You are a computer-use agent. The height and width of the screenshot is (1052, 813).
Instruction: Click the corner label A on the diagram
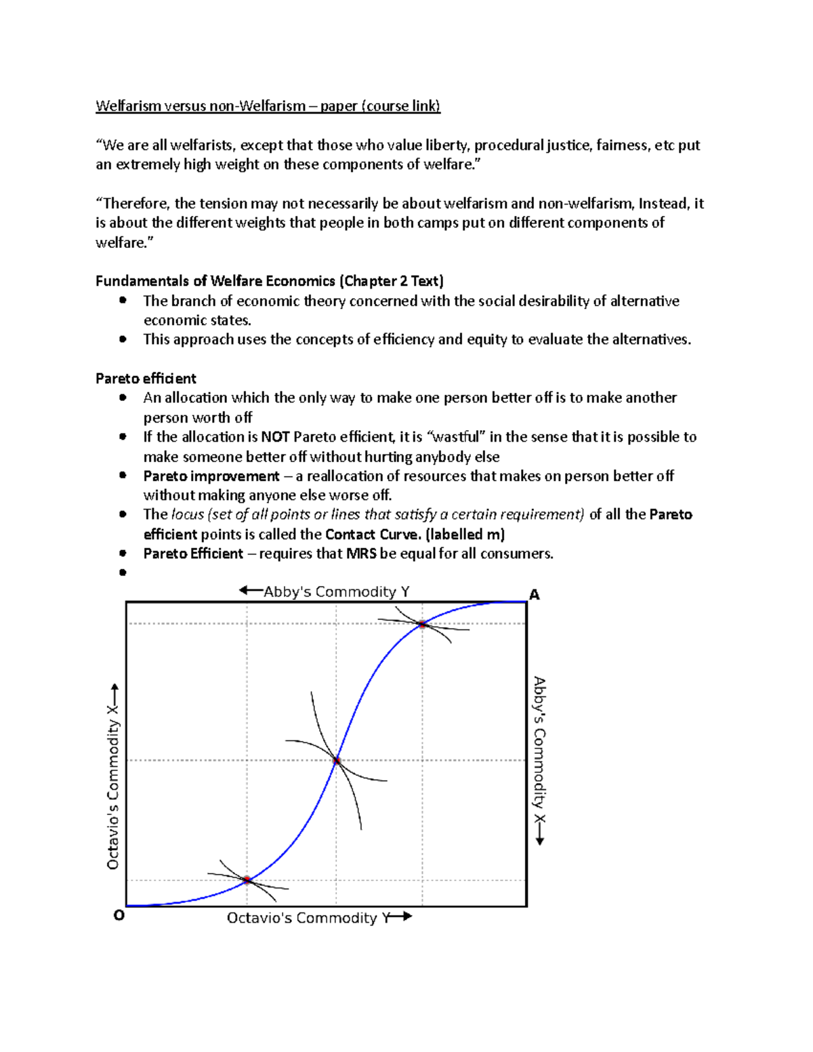[x=535, y=595]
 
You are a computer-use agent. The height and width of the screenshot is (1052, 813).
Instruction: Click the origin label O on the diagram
[x=119, y=915]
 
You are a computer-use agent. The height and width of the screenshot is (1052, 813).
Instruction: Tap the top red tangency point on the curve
[x=422, y=625]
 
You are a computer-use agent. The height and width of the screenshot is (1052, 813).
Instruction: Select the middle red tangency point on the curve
[x=337, y=761]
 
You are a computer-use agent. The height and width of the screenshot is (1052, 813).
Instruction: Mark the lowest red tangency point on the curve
[x=247, y=880]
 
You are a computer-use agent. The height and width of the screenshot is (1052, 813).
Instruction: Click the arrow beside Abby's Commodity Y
[x=251, y=591]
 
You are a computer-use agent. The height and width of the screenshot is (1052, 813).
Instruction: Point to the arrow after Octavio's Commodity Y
[x=400, y=917]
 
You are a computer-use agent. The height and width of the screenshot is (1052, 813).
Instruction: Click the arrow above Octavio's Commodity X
[x=114, y=694]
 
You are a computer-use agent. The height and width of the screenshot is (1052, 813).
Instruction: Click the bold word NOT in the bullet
[x=275, y=437]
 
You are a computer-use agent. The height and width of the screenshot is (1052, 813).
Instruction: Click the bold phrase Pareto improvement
[x=211, y=476]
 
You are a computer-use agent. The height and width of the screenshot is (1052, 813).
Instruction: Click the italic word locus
[x=188, y=515]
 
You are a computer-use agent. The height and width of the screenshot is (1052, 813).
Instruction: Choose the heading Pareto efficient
[x=146, y=379]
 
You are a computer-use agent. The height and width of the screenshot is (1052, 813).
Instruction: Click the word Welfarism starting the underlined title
[x=128, y=106]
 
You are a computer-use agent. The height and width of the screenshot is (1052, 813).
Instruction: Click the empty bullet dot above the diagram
[x=123, y=572]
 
